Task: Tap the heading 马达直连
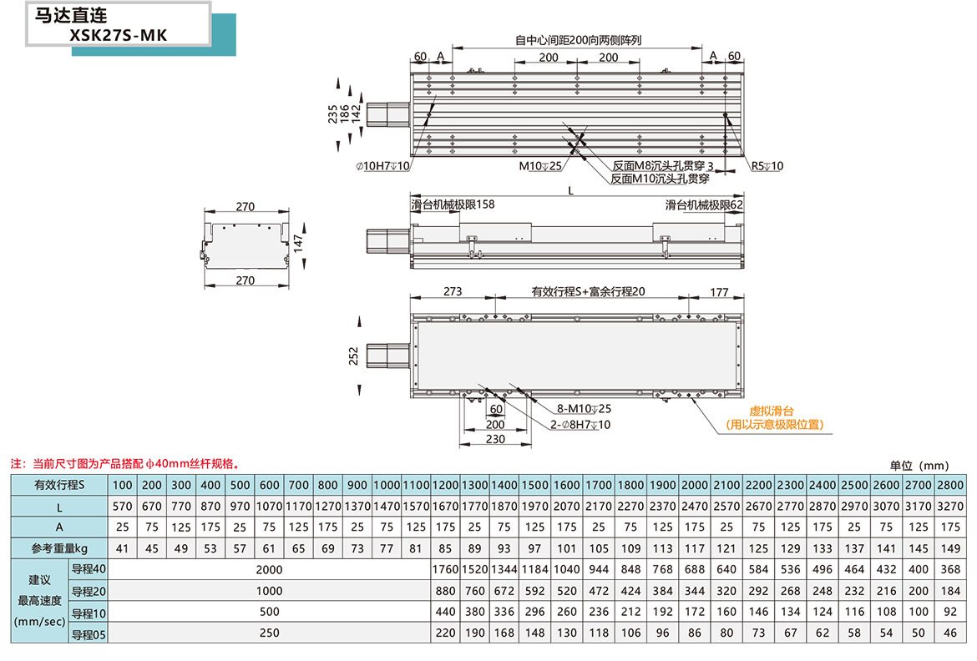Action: coord(71,15)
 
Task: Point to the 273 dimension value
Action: coord(452,292)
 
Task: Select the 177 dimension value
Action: coord(719,292)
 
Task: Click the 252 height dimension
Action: coord(353,356)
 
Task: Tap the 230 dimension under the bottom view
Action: coord(495,439)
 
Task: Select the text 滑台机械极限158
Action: coord(453,204)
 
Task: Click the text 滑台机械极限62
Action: coord(704,204)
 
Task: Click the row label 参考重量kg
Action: coord(59,549)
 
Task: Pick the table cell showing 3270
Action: coord(950,506)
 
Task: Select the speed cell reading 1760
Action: coord(446,570)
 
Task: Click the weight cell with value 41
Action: coord(123,549)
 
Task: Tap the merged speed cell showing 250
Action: coord(270,633)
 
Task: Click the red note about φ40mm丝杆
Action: coord(125,463)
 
